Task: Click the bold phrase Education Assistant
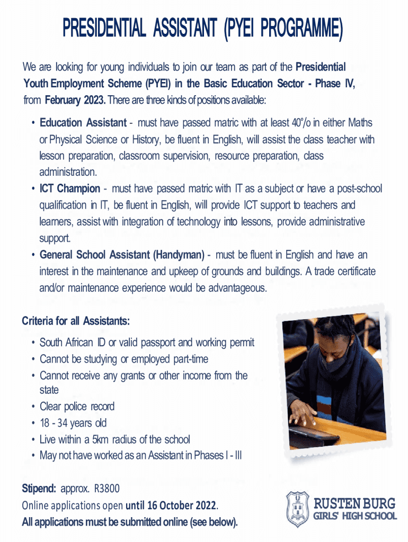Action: (83, 123)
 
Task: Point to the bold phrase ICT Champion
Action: (69, 189)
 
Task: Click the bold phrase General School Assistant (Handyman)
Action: (122, 255)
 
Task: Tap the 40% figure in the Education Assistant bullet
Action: (301, 123)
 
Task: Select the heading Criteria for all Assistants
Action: (76, 322)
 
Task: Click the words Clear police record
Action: (77, 406)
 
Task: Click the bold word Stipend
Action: (39, 487)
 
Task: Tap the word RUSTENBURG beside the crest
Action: (354, 502)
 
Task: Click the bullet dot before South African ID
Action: (33, 343)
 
